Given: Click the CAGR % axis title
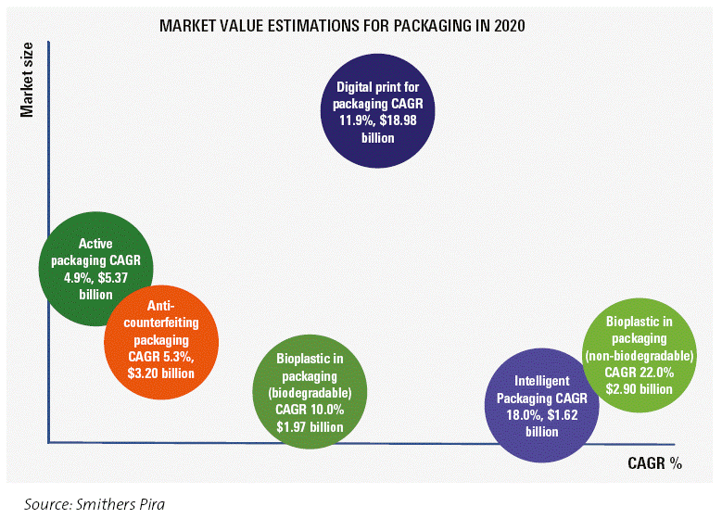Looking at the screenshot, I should [655, 462].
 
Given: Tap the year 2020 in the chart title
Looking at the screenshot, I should [508, 26].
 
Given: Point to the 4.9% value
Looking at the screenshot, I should [77, 278].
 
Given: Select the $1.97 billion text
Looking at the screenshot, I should [310, 427].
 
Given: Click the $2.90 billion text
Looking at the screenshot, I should [639, 388].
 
